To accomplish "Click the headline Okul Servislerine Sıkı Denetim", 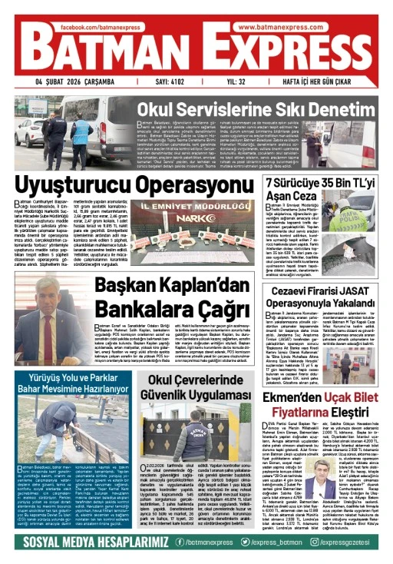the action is pos(260,109).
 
